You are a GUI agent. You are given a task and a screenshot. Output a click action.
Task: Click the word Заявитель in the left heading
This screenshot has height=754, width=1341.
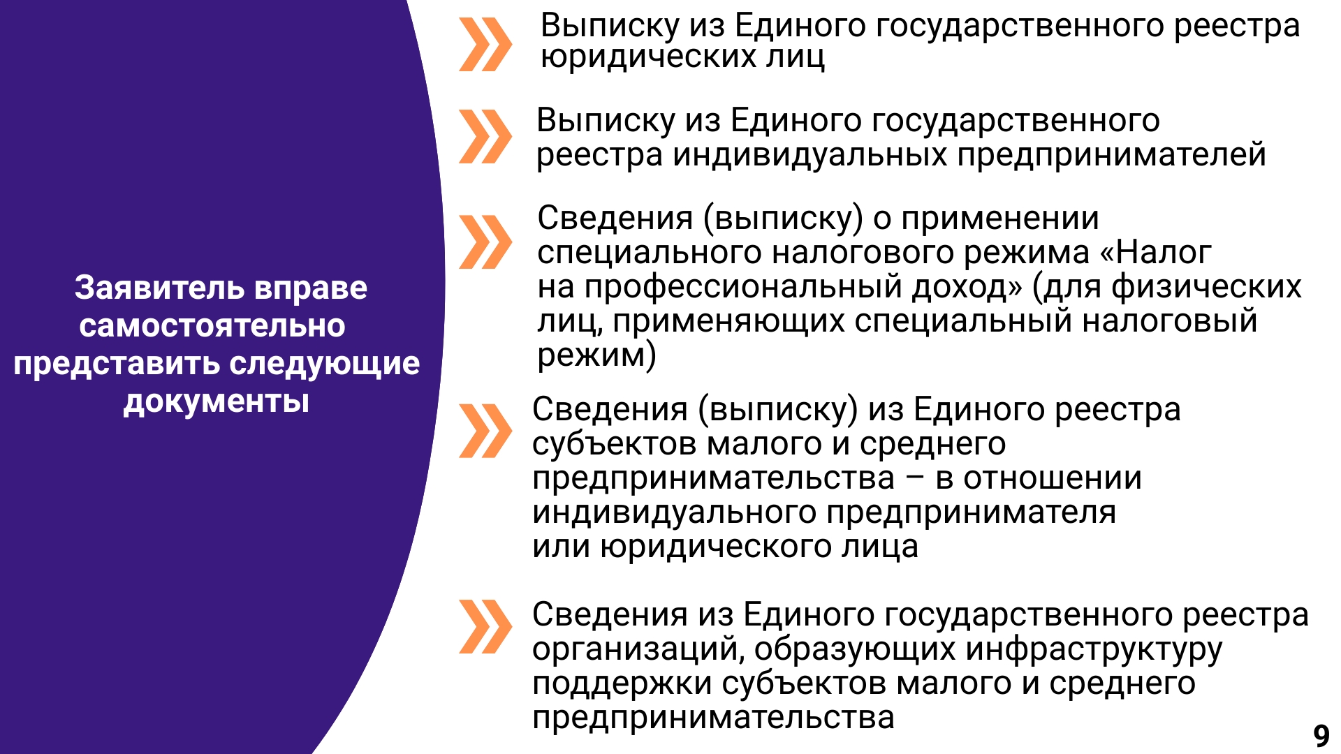(159, 288)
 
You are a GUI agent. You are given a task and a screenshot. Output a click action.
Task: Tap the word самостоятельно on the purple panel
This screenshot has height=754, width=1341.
(212, 326)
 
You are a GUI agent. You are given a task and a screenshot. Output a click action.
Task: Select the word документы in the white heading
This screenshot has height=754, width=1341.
(217, 402)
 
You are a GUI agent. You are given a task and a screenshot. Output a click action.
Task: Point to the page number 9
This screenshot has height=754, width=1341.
(1321, 736)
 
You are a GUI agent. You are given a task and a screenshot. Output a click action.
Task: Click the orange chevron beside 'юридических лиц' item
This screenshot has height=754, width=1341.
(485, 45)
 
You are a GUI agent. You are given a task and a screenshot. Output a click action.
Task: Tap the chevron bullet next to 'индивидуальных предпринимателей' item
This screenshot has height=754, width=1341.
(485, 137)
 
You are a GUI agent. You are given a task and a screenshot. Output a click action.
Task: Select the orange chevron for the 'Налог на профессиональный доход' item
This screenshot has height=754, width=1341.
(485, 242)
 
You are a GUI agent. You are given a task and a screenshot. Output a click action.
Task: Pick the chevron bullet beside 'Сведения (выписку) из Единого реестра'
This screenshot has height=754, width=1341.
(485, 431)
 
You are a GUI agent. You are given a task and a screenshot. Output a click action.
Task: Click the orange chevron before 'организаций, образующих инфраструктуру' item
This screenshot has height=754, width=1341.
(485, 627)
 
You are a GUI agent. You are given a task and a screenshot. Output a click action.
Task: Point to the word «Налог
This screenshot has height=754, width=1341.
(1155, 252)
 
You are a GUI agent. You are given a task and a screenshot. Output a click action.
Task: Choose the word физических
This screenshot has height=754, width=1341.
(1206, 287)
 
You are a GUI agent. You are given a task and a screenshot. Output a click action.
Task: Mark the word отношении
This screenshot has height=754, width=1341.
(1053, 479)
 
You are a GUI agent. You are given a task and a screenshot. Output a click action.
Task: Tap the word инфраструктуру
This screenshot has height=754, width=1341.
(1094, 650)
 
